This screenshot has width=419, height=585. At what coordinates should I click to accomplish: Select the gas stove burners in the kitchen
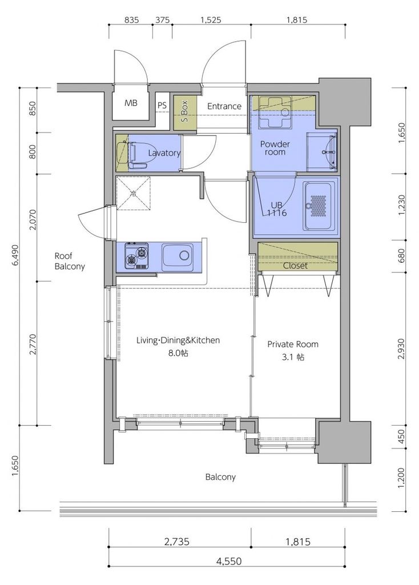click(x=136, y=255)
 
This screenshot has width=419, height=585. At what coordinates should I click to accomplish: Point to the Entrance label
click(x=224, y=106)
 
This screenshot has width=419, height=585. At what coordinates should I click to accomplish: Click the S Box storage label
click(x=184, y=112)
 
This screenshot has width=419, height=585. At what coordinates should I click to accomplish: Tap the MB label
click(x=131, y=103)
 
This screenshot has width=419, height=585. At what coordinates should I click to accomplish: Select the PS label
click(x=162, y=106)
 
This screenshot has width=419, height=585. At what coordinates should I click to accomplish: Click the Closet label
click(x=295, y=266)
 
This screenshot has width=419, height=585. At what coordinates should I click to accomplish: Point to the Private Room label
click(x=293, y=344)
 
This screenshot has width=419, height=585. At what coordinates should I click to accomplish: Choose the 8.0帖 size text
click(x=178, y=352)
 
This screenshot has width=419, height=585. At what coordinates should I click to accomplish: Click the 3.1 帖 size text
click(x=293, y=357)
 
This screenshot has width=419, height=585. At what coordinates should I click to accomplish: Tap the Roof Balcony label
click(x=70, y=261)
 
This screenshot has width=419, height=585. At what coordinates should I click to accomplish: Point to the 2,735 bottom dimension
click(x=177, y=542)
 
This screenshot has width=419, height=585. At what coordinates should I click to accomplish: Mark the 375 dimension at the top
click(x=163, y=20)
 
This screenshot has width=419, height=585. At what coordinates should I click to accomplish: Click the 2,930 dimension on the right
click(x=401, y=349)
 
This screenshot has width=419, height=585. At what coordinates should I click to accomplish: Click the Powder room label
click(x=275, y=148)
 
